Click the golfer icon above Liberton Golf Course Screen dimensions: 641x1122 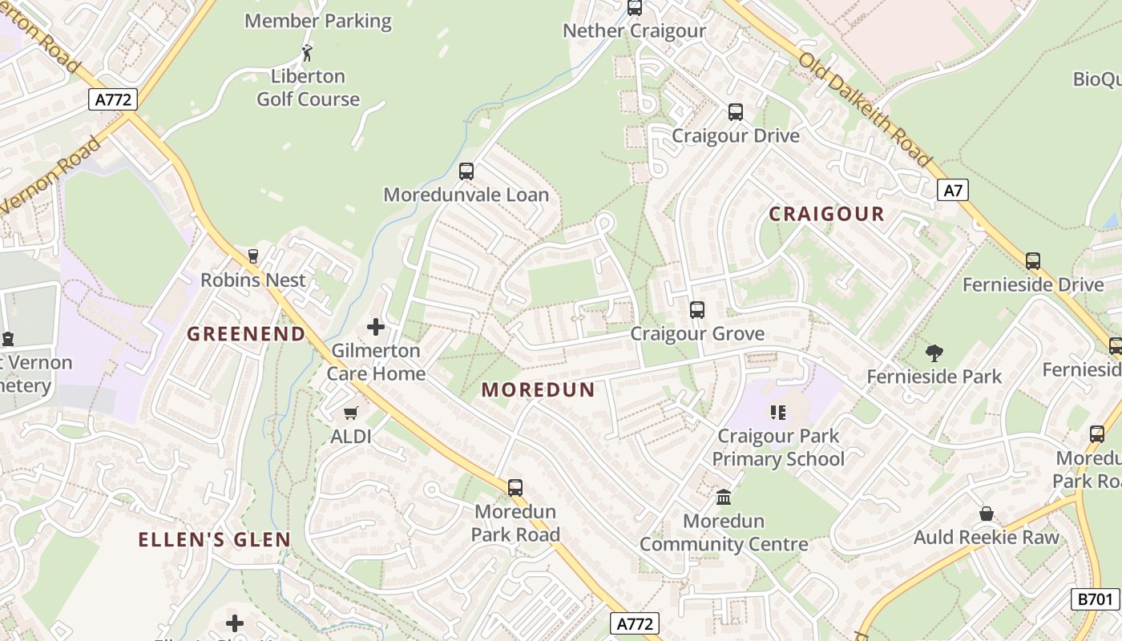307,54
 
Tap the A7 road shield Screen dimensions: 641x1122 952,190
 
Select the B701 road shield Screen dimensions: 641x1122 1095,599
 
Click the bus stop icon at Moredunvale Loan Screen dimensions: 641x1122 466,171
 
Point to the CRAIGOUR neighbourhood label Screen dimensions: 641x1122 826,214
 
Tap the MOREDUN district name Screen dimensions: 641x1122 539,390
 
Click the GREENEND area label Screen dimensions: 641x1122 246,334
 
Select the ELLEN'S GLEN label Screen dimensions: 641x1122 214,539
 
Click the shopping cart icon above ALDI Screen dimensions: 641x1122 350,413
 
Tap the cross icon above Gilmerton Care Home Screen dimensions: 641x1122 375,327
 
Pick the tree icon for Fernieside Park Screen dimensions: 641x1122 934,353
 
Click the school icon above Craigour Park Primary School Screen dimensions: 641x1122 777,413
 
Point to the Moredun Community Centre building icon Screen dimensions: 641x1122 724,498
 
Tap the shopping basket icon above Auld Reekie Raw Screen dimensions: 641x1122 987,514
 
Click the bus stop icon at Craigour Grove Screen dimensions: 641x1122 697,310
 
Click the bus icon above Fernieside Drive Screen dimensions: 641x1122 1033,261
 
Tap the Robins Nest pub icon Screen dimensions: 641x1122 253,256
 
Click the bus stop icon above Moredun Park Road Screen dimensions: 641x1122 515,487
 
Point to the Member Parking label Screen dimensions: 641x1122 318,21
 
